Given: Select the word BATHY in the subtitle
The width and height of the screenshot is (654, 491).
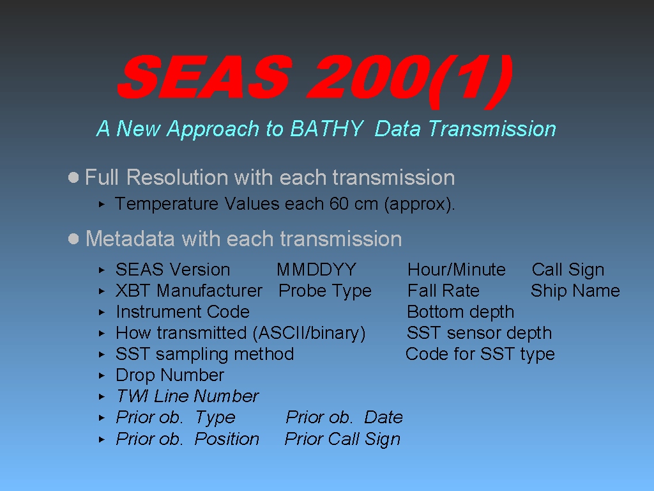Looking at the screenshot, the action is pyautogui.click(x=326, y=128).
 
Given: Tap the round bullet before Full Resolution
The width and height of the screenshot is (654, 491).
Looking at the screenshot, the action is pyautogui.click(x=73, y=178).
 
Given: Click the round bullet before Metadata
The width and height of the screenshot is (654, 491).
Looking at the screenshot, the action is pyautogui.click(x=73, y=239).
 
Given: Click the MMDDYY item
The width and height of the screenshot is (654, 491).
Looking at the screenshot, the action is pyautogui.click(x=317, y=270).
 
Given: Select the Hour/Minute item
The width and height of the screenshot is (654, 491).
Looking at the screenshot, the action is pyautogui.click(x=456, y=270).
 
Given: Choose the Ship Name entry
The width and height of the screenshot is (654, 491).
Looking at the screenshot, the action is pyautogui.click(x=575, y=291).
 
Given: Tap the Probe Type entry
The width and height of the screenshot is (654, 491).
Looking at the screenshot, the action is pyautogui.click(x=325, y=291).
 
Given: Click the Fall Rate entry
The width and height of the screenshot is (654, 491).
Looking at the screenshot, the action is pyautogui.click(x=443, y=291).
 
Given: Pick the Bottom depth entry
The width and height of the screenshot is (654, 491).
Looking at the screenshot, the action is pyautogui.click(x=460, y=312).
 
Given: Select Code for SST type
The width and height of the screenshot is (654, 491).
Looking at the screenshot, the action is pyautogui.click(x=480, y=354).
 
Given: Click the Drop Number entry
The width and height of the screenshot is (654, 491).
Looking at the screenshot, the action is pyautogui.click(x=170, y=375).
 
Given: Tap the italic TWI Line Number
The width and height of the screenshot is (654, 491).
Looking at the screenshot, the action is pyautogui.click(x=187, y=396).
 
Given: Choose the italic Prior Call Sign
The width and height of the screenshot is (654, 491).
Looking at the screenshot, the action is pyautogui.click(x=342, y=439).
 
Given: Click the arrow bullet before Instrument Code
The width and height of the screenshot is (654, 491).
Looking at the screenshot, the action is pyautogui.click(x=102, y=312).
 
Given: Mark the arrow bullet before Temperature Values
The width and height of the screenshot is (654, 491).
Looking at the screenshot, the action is pyautogui.click(x=102, y=204).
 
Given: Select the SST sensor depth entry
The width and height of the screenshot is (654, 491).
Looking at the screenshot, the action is pyautogui.click(x=479, y=333).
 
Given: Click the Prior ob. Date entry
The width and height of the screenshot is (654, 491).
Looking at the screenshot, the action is pyautogui.click(x=344, y=417).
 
